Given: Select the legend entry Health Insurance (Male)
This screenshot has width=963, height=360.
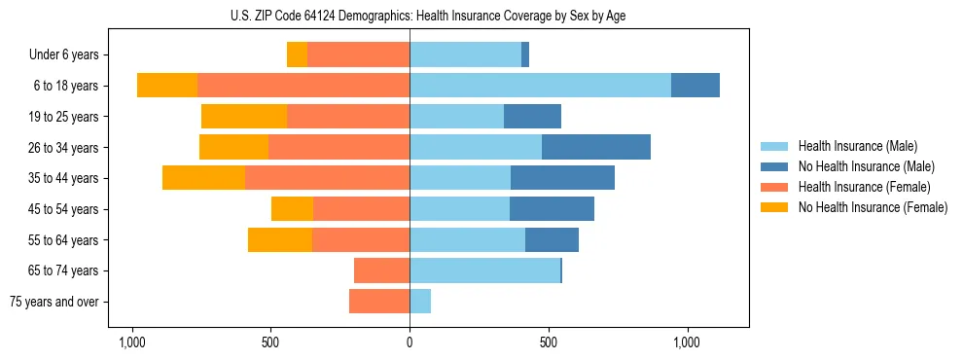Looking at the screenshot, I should [857, 146].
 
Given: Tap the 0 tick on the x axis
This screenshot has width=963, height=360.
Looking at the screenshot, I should [410, 343].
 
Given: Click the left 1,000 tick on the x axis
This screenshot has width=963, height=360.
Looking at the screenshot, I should [131, 343].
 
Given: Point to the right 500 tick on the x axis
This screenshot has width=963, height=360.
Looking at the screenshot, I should [549, 343].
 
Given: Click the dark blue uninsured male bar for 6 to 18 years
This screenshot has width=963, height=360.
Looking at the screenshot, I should [695, 86].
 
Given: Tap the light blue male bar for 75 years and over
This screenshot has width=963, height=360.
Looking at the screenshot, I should [420, 302].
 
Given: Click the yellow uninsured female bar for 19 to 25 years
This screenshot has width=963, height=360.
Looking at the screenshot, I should [244, 117].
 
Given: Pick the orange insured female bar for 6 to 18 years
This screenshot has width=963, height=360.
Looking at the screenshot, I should [303, 86].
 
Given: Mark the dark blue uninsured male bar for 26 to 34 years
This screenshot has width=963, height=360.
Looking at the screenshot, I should [596, 147].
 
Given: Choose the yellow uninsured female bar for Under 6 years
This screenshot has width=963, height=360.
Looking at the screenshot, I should [297, 54].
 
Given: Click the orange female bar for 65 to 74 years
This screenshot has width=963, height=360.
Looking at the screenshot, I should [381, 270].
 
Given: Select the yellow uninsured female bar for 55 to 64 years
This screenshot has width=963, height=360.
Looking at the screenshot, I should [280, 240].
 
